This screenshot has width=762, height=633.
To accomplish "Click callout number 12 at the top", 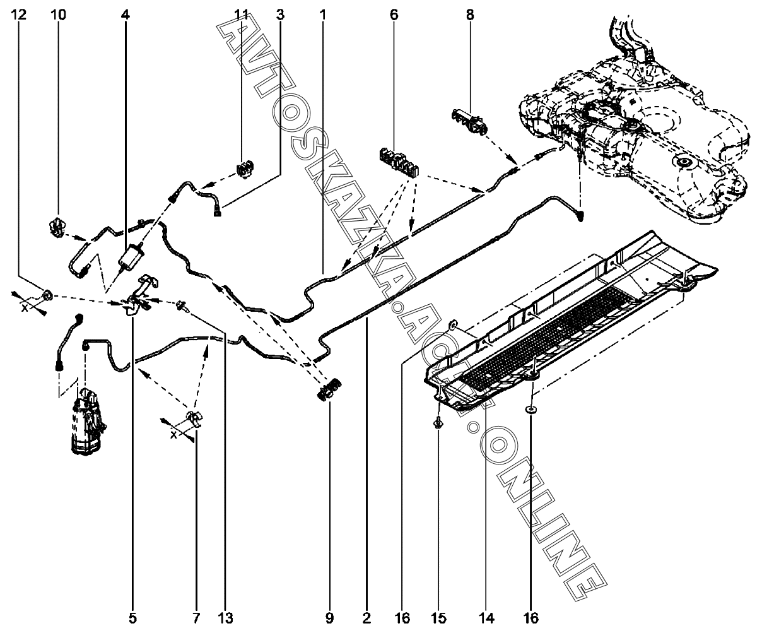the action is coord(20,15).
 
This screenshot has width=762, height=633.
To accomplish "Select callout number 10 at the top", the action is coord(59,15).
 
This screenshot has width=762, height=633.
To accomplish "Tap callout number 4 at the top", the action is coord(126,15).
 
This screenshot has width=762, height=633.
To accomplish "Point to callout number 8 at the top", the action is coord(470,15).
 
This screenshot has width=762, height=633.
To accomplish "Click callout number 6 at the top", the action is coord(394,15).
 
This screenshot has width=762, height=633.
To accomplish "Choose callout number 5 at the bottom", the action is coord(133,618).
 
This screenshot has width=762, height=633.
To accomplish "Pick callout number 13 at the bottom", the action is coord(226,618).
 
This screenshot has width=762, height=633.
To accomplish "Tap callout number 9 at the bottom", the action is coord(329,618).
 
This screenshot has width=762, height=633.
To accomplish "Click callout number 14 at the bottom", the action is coord(487,618).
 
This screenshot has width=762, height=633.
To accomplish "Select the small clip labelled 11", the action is coord(245,169).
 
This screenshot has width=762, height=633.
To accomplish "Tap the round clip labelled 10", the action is coord(56,227).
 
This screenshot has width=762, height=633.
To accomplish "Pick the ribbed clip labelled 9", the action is coord(329,390).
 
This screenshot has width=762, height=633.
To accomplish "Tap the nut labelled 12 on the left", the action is coord(48,295).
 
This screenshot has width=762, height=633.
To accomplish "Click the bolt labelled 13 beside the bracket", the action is coord(182,306).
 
